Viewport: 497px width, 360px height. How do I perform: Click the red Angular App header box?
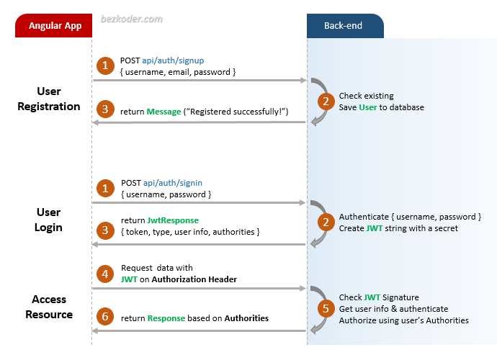55,26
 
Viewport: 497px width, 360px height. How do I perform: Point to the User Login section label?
49,220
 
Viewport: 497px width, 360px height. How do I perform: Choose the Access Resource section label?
49,307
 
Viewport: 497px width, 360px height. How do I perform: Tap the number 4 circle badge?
106,274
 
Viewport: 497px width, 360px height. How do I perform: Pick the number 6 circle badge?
106,318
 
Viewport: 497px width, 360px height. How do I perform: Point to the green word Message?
164,112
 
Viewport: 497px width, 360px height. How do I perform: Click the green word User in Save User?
368,107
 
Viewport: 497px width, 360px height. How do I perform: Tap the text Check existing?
367,96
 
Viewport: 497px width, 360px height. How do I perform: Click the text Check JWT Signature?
379,297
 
